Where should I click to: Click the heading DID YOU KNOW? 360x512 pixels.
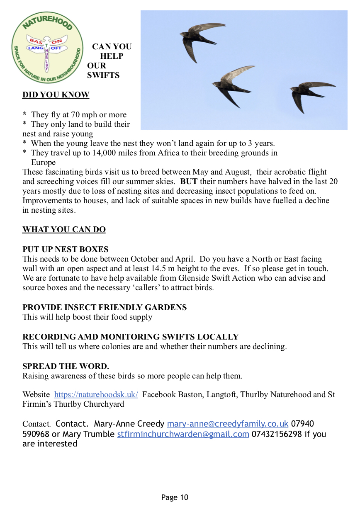[56, 95]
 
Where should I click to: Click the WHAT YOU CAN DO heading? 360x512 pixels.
[64, 230]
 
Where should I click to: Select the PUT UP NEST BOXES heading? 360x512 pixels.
[65, 250]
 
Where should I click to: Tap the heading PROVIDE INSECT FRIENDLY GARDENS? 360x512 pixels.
[105, 308]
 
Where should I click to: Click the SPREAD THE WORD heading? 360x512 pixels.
[66, 366]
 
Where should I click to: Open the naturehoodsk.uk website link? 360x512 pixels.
[96, 395]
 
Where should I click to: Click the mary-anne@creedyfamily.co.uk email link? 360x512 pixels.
[227, 424]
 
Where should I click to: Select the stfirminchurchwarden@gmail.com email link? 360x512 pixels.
[183, 434]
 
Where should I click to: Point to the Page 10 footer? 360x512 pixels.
[175, 497]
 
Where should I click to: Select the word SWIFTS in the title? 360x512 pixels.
[103, 75]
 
